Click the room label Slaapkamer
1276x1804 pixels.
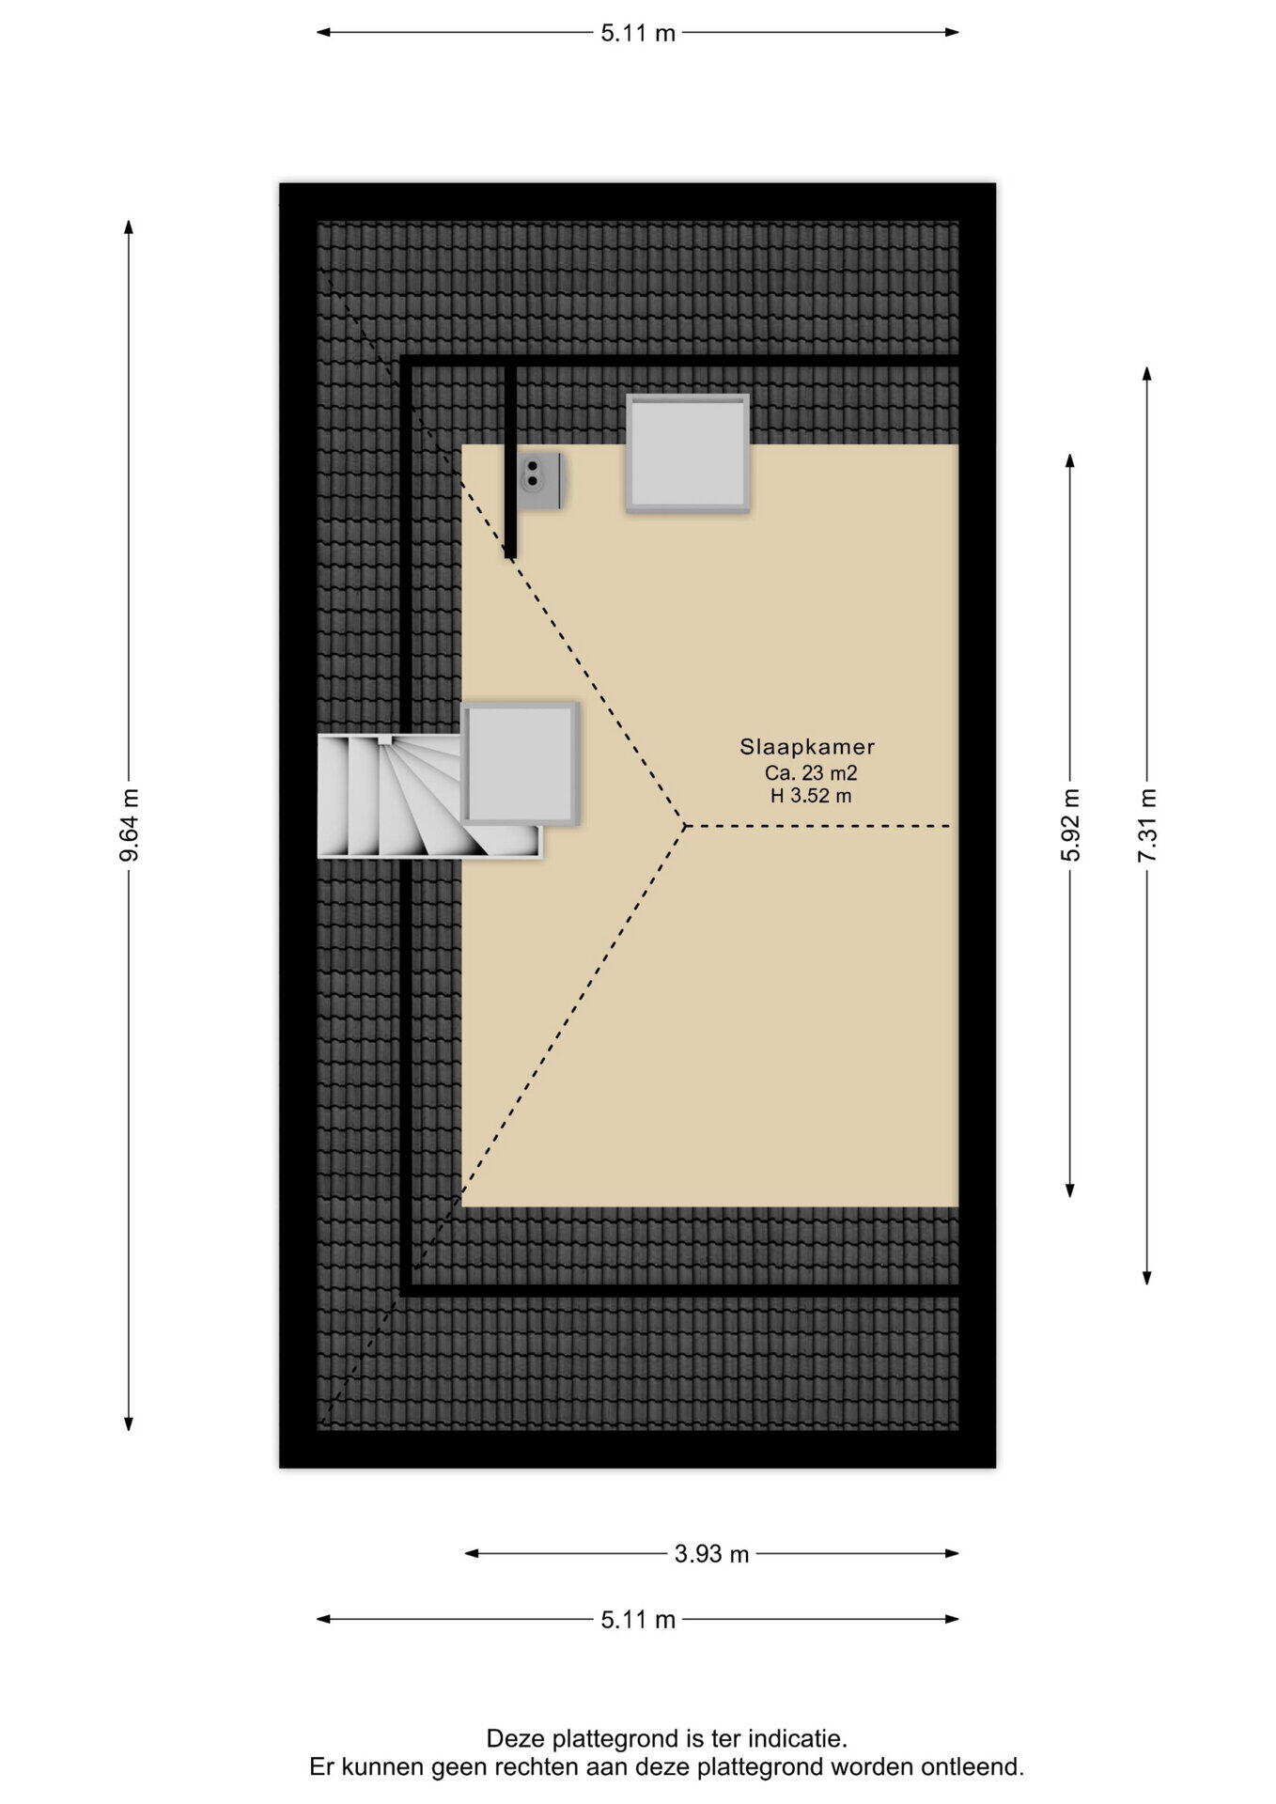click(807, 747)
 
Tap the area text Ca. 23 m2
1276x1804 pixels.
click(811, 773)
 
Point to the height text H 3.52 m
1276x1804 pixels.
click(811, 796)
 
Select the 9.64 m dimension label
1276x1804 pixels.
click(130, 825)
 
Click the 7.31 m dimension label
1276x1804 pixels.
click(1147, 825)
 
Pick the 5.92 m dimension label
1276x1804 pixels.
click(1070, 825)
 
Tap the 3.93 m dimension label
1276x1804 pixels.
click(711, 1554)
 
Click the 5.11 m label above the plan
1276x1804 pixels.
click(638, 33)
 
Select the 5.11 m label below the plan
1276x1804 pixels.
click(638, 1620)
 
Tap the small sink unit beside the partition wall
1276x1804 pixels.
click(540, 481)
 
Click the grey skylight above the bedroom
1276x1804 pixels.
click(688, 453)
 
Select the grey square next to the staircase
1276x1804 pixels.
click(520, 764)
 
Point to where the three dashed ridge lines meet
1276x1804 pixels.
click(685, 826)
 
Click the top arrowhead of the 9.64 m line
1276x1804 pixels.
click(130, 226)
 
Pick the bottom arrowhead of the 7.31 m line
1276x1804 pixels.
click(1147, 1278)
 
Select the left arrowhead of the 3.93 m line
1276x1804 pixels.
click(472, 1553)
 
